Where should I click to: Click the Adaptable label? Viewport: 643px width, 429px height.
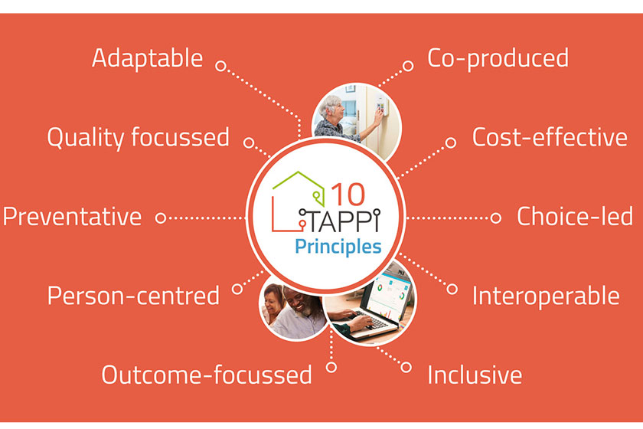pos(147,58)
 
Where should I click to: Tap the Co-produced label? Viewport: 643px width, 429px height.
pos(498,58)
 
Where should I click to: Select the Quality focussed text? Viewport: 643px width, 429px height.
pos(138,138)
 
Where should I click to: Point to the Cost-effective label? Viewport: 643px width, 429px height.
pos(550,138)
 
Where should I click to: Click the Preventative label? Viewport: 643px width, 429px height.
pos(72,217)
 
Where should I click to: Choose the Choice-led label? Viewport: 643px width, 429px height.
pos(574,217)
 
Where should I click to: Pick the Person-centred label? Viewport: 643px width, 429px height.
pos(133,296)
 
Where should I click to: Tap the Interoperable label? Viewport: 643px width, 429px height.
pos(546,296)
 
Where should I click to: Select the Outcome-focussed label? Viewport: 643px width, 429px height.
pos(207,375)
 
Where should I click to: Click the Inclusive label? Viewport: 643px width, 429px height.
pos(475,375)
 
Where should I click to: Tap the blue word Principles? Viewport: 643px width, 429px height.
pos(338,247)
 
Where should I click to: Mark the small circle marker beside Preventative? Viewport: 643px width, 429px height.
pos(161,218)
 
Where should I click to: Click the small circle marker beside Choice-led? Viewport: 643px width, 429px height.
pos(495,218)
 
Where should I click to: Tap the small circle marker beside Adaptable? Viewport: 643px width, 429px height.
pos(220,67)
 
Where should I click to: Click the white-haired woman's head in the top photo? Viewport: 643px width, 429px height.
pos(331,105)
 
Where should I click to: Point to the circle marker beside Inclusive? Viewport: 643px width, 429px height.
pos(406,368)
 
